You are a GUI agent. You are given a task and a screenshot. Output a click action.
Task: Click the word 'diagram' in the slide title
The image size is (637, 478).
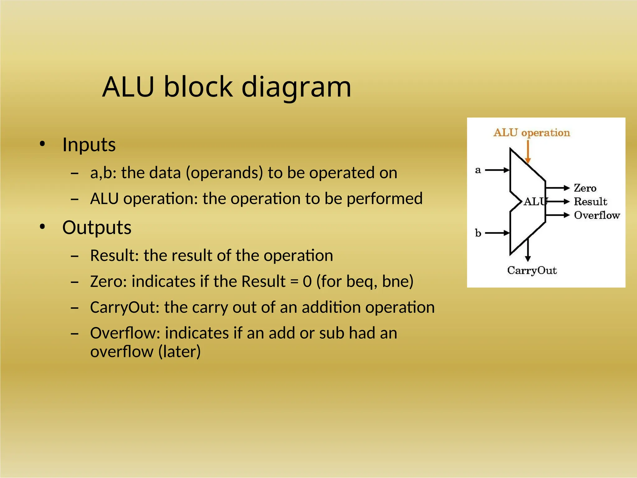[296, 87]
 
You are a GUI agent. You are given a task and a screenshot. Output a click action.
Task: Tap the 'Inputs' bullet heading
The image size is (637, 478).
[89, 145]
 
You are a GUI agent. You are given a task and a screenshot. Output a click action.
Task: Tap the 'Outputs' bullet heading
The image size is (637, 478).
[97, 227]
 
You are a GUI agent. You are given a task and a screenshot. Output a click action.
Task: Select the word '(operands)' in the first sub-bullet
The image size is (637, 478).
[224, 173]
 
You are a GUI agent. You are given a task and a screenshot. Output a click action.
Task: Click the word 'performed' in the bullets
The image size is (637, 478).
[384, 199]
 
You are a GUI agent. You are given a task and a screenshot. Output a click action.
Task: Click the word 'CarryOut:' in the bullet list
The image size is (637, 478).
[125, 307]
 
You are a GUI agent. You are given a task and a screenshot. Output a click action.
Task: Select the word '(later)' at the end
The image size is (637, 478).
[179, 352]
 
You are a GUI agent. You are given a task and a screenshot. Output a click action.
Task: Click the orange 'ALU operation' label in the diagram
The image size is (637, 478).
[532, 133]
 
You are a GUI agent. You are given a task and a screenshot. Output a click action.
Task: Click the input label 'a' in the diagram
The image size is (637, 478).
[478, 170]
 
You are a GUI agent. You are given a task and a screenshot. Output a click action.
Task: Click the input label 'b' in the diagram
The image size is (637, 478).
[478, 233]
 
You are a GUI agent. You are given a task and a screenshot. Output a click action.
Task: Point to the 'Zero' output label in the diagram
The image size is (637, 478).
[585, 188]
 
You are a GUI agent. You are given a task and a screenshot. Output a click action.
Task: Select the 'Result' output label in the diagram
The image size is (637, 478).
[590, 202]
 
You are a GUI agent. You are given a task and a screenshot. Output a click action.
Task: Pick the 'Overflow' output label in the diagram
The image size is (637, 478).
[597, 215]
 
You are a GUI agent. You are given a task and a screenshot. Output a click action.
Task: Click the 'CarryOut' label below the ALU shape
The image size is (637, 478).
[532, 270]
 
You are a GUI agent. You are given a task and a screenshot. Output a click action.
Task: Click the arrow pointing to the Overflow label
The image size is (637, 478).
[557, 215]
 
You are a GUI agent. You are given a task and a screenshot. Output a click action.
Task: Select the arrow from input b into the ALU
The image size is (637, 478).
[497, 233]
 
